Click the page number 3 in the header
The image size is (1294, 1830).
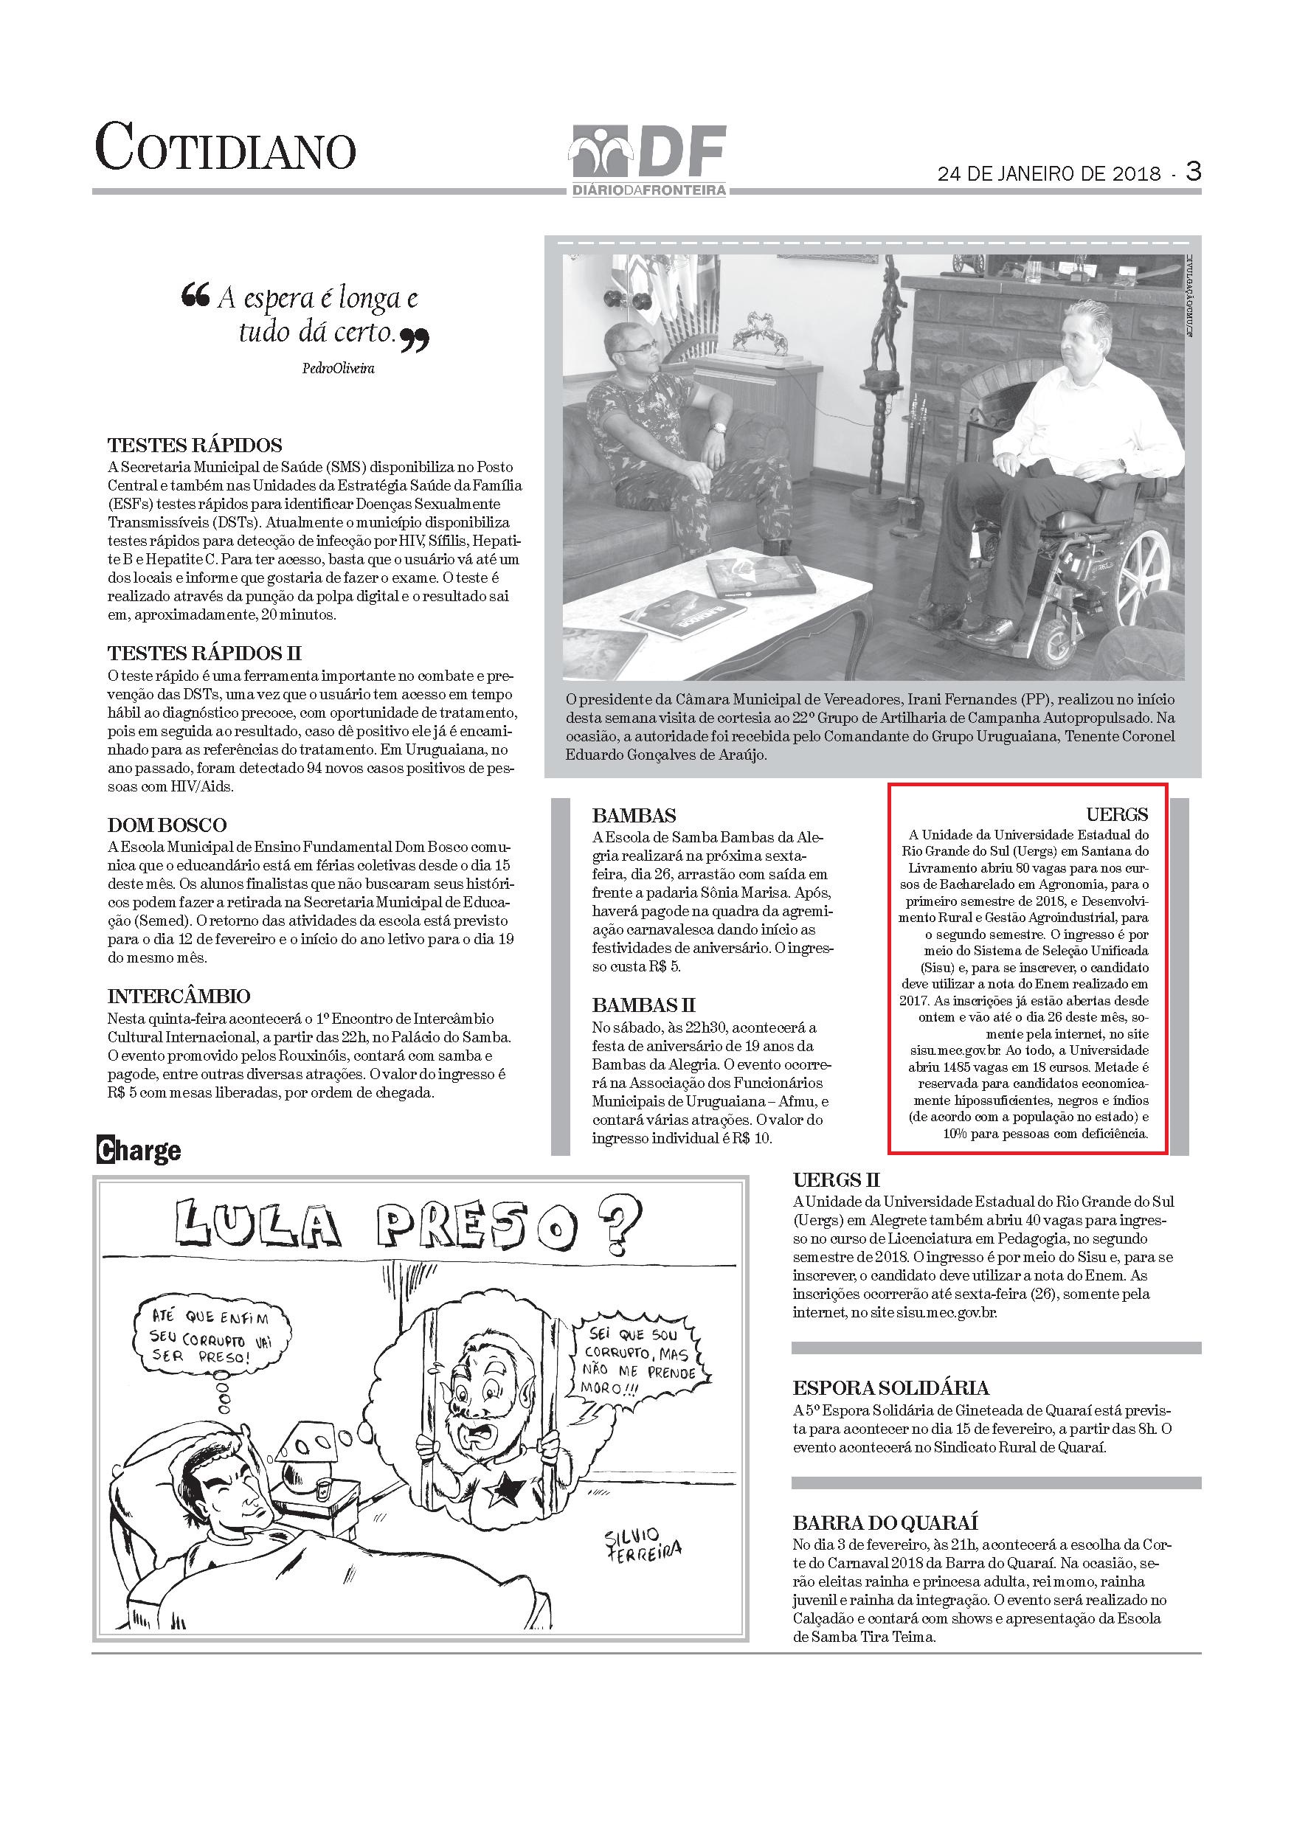[1193, 170]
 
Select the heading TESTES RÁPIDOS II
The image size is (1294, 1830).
[204, 654]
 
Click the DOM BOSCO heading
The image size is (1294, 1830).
[167, 825]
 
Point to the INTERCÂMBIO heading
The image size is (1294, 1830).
[179, 997]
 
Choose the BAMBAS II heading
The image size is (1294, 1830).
[643, 1005]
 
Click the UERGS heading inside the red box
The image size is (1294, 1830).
[1117, 814]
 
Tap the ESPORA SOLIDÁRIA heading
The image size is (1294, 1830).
[890, 1387]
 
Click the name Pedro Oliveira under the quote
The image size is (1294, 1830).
[338, 368]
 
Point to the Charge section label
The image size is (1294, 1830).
[139, 1151]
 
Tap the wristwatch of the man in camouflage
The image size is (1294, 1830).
[719, 428]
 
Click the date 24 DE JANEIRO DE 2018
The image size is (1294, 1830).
[1049, 175]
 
